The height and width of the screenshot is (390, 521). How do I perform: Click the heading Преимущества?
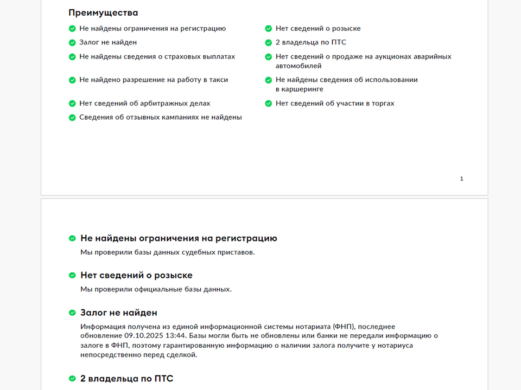pos(103,12)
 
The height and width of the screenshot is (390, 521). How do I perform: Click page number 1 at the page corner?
pos(462,179)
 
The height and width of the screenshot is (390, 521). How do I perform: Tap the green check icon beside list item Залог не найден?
pos(72,42)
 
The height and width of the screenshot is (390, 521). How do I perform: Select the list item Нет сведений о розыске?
pos(317,29)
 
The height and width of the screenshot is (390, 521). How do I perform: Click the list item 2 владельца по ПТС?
pos(310,42)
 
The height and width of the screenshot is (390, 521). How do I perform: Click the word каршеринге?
pos(299,89)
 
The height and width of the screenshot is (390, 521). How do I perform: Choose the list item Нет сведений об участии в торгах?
pos(334,103)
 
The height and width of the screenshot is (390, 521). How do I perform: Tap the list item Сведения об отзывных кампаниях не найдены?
pos(160,117)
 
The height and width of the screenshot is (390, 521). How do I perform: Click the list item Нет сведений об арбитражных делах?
pos(144,103)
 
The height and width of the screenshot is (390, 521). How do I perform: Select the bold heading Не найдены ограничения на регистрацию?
pos(179,238)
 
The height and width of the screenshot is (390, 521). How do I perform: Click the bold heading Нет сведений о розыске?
pos(136,275)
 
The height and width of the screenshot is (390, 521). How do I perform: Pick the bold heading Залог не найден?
pos(119,313)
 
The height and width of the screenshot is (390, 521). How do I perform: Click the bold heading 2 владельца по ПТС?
pos(127,379)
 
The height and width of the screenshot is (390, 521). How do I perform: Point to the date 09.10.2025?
pos(142,336)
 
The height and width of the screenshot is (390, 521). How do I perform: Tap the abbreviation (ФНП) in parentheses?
pos(344,327)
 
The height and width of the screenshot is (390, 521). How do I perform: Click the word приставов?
pos(237,252)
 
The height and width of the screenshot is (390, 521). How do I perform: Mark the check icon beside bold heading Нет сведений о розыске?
pos(72,275)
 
